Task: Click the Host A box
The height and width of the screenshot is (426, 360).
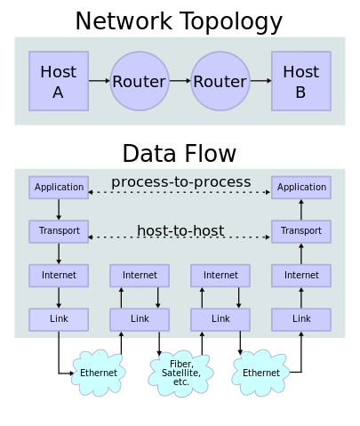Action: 59,81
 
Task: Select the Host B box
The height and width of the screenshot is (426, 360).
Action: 300,81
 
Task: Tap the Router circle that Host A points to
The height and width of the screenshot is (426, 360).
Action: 139,81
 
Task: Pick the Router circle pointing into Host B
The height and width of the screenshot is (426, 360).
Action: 220,81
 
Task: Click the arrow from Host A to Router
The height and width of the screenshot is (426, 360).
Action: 99,81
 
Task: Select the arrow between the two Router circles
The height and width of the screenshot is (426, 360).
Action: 179,81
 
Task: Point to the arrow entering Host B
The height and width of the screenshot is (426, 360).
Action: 260,81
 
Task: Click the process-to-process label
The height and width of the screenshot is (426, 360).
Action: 180,182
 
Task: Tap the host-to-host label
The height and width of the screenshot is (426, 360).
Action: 180,231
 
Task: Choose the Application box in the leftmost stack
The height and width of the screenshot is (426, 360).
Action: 59,188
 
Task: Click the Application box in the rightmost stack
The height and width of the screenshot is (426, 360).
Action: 301,188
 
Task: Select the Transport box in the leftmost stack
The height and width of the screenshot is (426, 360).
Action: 59,231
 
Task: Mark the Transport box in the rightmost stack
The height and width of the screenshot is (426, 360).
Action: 301,231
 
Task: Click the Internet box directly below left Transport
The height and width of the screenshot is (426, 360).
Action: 59,276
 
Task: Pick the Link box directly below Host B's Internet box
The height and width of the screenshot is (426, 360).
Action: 301,318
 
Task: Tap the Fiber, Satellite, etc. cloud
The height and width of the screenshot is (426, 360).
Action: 180,373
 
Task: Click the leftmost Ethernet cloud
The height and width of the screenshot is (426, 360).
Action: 99,373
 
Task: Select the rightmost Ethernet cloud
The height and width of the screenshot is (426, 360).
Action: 261,373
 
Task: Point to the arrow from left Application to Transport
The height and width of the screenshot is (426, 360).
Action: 59,209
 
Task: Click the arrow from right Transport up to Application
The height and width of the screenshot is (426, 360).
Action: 301,209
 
